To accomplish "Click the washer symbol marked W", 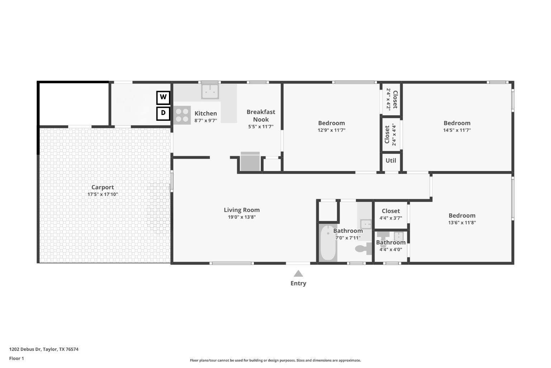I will [163, 97].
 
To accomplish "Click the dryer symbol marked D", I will [163, 114].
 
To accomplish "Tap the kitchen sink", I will [210, 91].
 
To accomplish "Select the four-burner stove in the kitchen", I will [182, 115].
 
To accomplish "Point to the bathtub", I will [328, 243].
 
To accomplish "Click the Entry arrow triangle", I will [298, 274].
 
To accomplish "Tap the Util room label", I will [391, 161].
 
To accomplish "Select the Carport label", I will [103, 187].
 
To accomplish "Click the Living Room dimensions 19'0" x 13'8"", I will [242, 217].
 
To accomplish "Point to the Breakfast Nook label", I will [261, 116].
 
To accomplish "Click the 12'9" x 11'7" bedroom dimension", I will [331, 130].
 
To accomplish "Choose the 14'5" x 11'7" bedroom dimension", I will [457, 130].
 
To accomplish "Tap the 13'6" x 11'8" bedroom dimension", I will [462, 222].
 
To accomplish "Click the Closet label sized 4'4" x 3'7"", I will [391, 211].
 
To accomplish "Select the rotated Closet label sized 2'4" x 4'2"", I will [395, 100].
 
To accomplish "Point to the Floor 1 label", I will [17, 358].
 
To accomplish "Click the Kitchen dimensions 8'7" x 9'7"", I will [206, 121].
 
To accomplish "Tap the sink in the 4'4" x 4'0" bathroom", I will [399, 236].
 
